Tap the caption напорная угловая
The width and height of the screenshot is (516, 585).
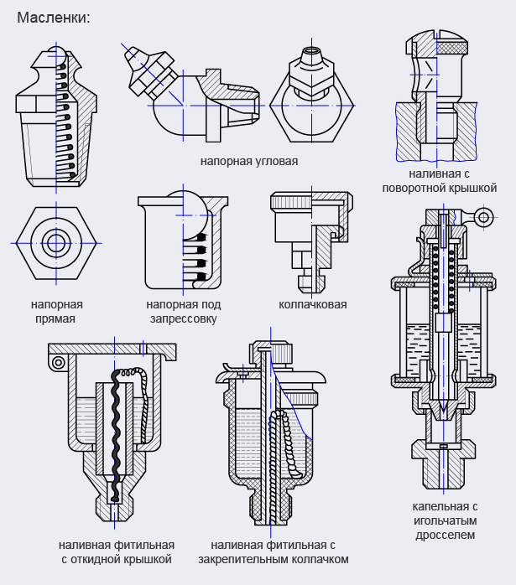coord(249,159)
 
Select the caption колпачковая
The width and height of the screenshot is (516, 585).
coord(312,305)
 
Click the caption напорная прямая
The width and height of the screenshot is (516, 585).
coord(56,312)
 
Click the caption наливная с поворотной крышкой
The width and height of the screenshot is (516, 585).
coord(440,180)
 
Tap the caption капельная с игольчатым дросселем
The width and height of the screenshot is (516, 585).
coord(445,520)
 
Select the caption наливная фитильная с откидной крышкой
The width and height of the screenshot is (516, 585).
coord(117,551)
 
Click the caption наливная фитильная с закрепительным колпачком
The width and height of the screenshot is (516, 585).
coord(274,551)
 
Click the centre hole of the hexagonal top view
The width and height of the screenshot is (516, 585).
coord(57,243)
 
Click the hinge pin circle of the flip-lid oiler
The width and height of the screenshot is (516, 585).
coord(57,362)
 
